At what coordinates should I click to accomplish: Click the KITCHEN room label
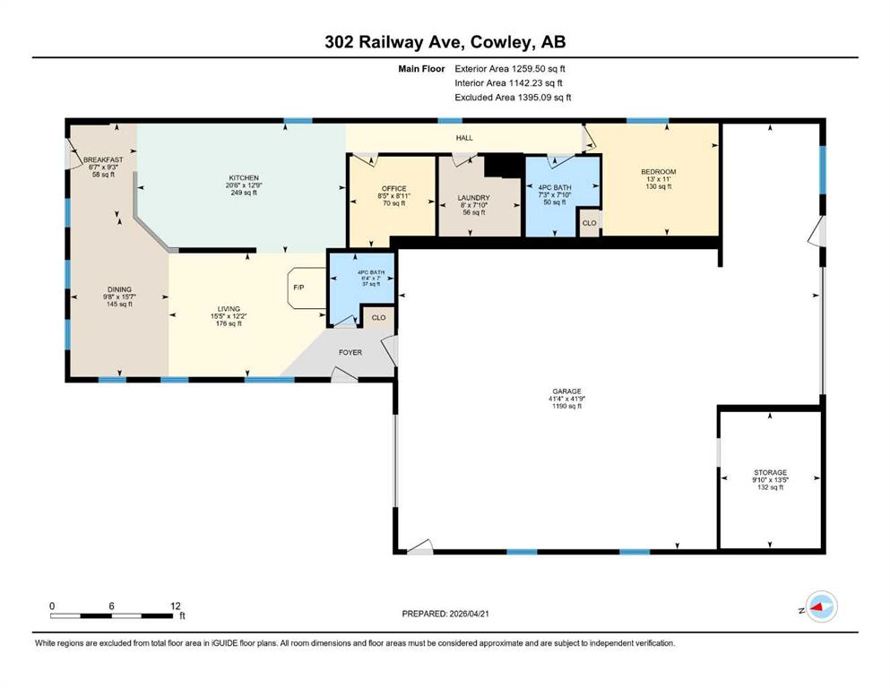point(244,177)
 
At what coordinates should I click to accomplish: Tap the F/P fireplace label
point(298,288)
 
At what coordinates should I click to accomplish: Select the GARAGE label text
point(566,391)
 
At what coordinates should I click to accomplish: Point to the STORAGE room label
point(770,472)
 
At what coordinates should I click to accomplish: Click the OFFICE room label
point(394,188)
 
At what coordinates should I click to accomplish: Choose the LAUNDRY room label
point(473,198)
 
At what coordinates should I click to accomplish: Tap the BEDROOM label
point(659,172)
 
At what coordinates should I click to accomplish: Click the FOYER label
point(350,352)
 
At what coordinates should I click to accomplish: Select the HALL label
point(464,138)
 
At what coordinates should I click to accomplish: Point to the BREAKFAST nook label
point(103,160)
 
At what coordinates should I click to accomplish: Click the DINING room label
point(119,289)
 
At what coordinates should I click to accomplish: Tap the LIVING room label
point(229,309)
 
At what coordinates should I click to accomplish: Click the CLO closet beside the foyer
point(378,318)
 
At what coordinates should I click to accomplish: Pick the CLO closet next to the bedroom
point(589,223)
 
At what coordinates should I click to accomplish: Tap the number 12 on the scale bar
point(176,606)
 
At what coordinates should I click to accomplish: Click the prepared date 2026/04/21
point(469,614)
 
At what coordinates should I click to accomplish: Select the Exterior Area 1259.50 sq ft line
point(510,69)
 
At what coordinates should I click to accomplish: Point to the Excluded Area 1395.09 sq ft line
point(513,98)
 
